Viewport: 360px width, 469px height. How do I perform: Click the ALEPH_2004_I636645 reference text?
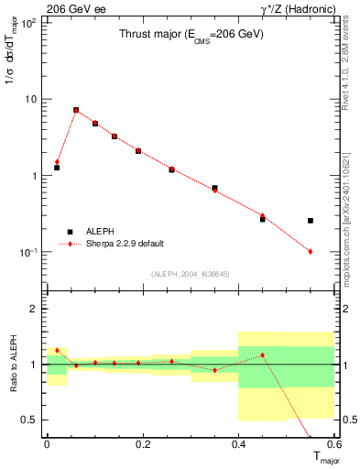(191, 273)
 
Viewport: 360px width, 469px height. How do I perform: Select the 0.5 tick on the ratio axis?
(34, 420)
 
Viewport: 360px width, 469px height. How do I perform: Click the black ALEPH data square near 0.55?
(311, 221)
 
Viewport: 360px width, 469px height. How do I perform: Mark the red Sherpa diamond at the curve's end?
(311, 251)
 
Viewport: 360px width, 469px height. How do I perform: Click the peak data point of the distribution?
(76, 110)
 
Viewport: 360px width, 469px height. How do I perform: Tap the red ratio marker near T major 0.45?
(263, 354)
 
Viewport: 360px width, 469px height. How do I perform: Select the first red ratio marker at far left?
(57, 350)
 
